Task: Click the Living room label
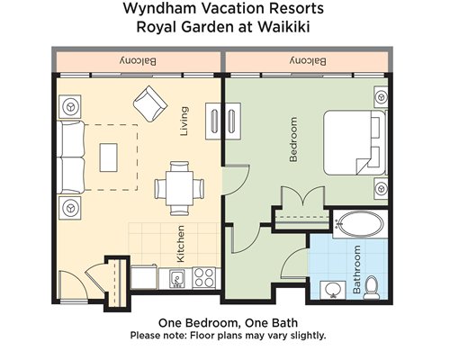(184, 121)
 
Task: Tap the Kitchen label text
(181, 244)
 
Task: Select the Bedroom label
(293, 139)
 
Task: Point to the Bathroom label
(356, 269)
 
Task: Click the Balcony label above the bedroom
(308, 61)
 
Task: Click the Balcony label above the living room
(138, 61)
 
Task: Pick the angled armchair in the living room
(150, 103)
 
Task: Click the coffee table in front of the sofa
(108, 157)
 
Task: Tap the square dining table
(179, 188)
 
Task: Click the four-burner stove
(203, 278)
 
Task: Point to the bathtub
(359, 224)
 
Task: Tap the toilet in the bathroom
(372, 288)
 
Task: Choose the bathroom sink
(333, 290)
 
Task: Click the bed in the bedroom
(355, 142)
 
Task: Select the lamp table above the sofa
(70, 107)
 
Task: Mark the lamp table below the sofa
(70, 208)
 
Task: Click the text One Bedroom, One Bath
(228, 323)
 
